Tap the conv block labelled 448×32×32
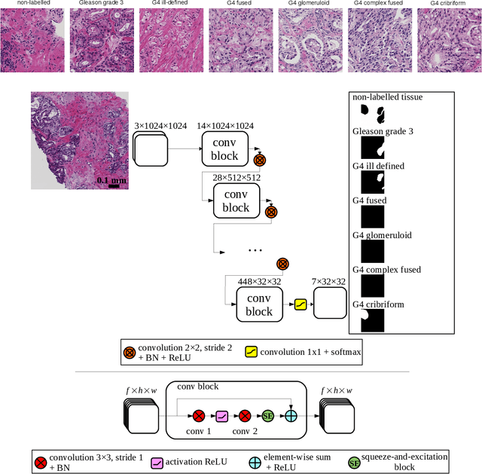coord(258,304)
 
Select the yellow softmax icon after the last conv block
coord(300,304)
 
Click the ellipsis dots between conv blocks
coord(255,249)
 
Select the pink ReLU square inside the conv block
coord(221,415)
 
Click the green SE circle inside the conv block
coord(267,415)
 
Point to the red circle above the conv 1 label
coord(198,415)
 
